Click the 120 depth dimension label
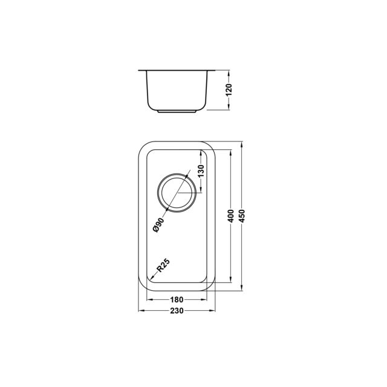[x=229, y=90]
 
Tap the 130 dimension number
[x=201, y=171]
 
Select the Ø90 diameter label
[x=158, y=225]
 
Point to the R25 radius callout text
[x=163, y=265]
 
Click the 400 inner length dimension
[x=231, y=216]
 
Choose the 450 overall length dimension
[x=242, y=216]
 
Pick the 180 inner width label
[x=177, y=300]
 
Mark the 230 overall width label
[x=177, y=311]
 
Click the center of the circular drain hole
[x=177, y=193]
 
